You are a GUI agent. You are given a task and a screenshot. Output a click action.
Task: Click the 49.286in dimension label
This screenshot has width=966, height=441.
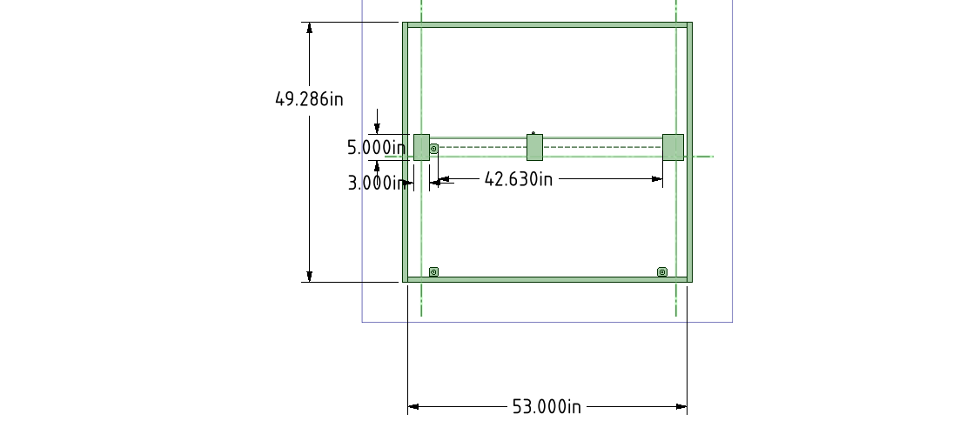309,99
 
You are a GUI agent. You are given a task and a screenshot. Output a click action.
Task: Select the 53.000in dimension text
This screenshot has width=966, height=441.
547,406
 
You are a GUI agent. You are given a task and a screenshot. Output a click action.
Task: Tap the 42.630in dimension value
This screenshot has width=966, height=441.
519,179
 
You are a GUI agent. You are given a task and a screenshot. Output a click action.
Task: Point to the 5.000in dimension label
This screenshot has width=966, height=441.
376,148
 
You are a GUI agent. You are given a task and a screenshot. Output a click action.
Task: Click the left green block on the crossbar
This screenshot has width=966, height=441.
421,147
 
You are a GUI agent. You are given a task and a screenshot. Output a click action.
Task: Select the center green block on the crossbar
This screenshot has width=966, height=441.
535,147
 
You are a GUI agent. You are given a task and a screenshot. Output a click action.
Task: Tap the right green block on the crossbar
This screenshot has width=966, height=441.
673,147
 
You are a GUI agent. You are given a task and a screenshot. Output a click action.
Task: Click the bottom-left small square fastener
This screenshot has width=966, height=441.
434,272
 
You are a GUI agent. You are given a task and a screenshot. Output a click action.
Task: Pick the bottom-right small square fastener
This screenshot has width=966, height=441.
662,272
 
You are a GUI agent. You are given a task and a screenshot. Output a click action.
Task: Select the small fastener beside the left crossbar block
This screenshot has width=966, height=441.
434,149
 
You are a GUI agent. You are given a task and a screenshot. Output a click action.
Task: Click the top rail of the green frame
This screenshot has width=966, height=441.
547,25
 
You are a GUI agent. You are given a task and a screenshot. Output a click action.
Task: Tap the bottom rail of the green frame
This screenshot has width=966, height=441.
547,279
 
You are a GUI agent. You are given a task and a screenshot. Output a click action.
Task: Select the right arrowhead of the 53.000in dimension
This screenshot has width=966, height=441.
681,406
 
